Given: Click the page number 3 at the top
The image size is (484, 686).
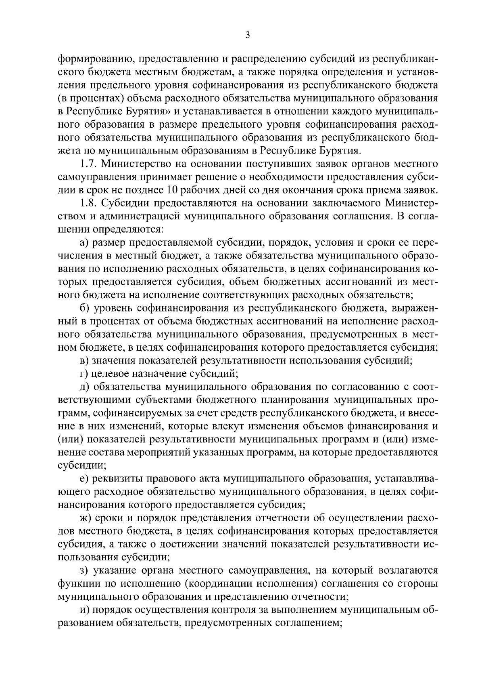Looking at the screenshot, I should pyautogui.click(x=248, y=36).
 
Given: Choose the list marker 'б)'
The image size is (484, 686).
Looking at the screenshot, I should pyautogui.click(x=84, y=308).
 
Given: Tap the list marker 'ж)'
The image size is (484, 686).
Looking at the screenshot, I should pyautogui.click(x=85, y=518).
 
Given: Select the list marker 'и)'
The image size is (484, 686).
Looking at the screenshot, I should pyautogui.click(x=84, y=609).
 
